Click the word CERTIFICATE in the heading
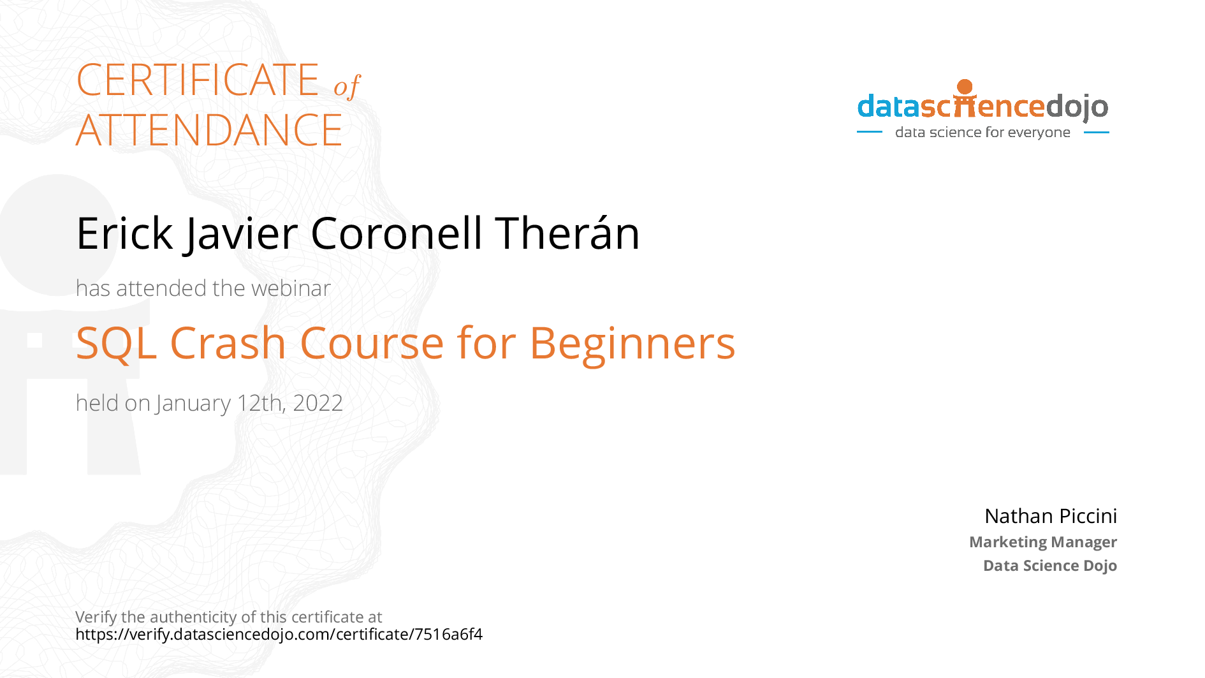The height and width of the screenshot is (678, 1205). (198, 80)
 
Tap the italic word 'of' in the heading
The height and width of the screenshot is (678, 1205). (347, 86)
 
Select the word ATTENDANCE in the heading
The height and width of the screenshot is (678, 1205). (209, 130)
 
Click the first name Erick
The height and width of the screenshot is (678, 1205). (124, 233)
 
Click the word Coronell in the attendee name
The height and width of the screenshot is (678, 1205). (396, 233)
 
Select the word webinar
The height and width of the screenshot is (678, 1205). (291, 288)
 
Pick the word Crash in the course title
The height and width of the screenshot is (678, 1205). (228, 343)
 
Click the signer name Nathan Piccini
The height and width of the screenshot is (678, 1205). (1051, 515)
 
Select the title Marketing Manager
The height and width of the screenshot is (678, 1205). (1043, 542)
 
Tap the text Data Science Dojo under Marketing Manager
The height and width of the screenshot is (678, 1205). (1050, 566)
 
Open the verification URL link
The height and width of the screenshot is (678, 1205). (279, 635)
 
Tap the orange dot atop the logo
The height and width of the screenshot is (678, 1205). (965, 87)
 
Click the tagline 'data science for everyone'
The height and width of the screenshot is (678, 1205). (982, 133)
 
